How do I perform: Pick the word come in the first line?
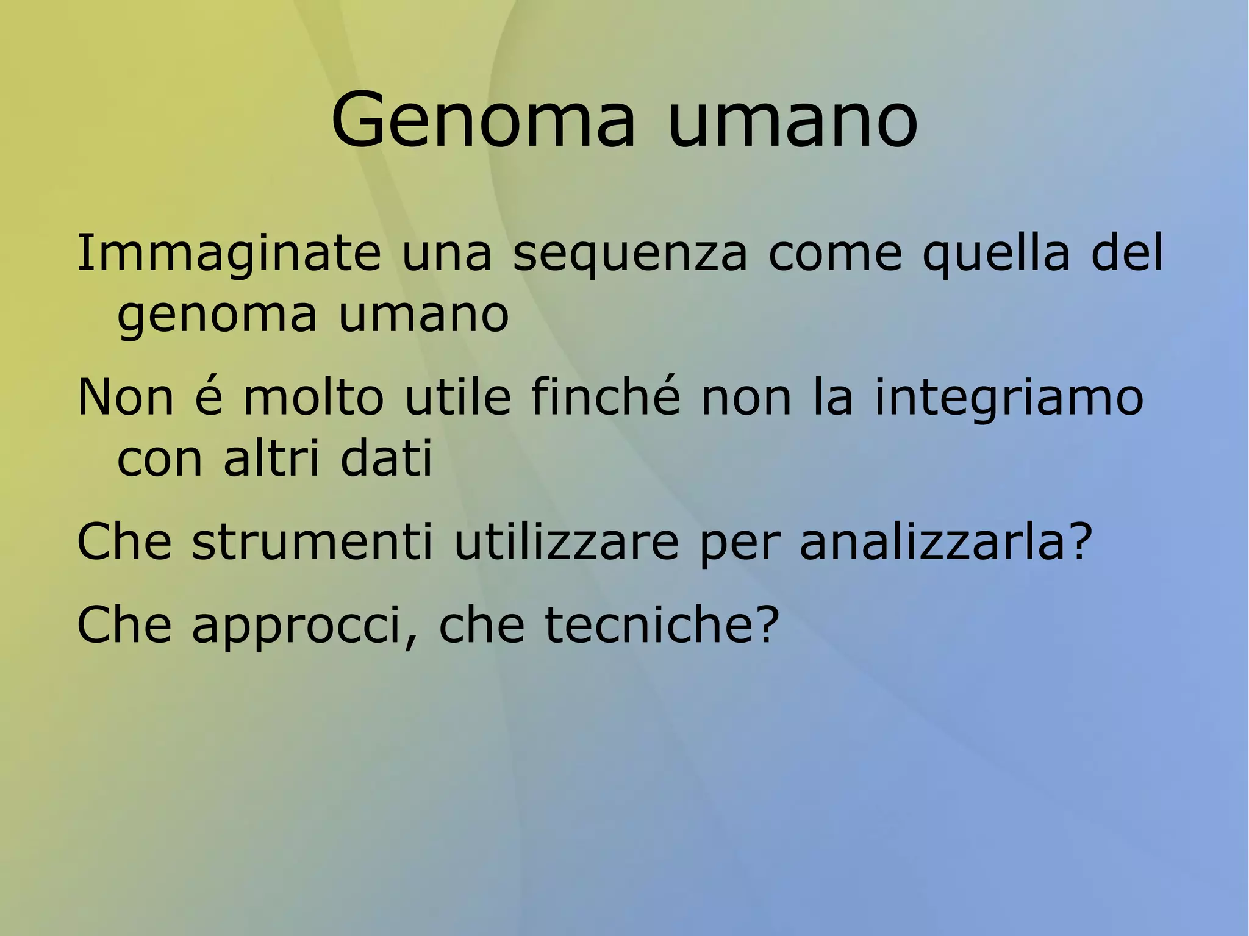click(834, 253)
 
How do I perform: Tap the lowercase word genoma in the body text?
click(217, 316)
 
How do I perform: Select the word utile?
click(457, 397)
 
